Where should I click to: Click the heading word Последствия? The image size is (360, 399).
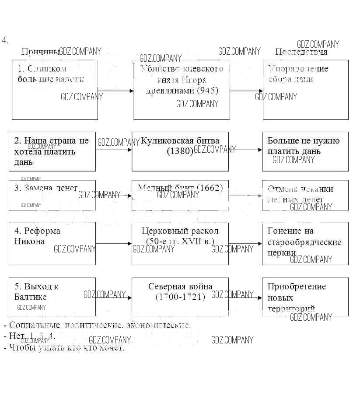pos(301,52)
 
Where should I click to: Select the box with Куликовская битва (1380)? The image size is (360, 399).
pos(180,151)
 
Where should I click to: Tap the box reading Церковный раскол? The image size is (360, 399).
pos(180,243)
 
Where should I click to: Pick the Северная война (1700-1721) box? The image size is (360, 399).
pos(180,296)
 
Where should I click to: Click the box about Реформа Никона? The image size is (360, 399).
pos(52,243)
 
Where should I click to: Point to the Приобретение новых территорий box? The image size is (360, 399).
pos(305,296)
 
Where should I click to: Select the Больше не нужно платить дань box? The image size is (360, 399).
pos(305,151)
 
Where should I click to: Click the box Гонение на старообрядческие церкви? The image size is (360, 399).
pos(305,243)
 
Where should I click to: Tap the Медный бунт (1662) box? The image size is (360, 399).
pos(180,195)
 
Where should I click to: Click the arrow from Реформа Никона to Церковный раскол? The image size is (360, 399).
pos(114,243)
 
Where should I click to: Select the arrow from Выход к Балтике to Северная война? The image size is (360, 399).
pos(114,297)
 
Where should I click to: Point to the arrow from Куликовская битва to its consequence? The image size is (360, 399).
pos(245,150)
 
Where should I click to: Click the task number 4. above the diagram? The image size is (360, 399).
pos(5,40)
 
